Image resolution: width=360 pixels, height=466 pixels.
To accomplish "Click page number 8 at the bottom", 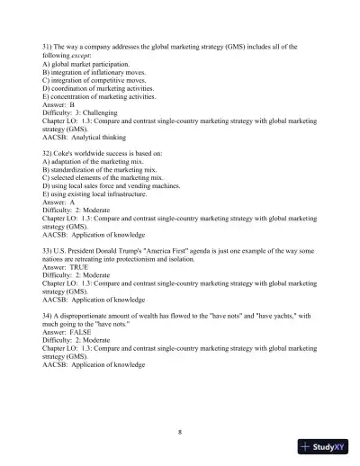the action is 180,433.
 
